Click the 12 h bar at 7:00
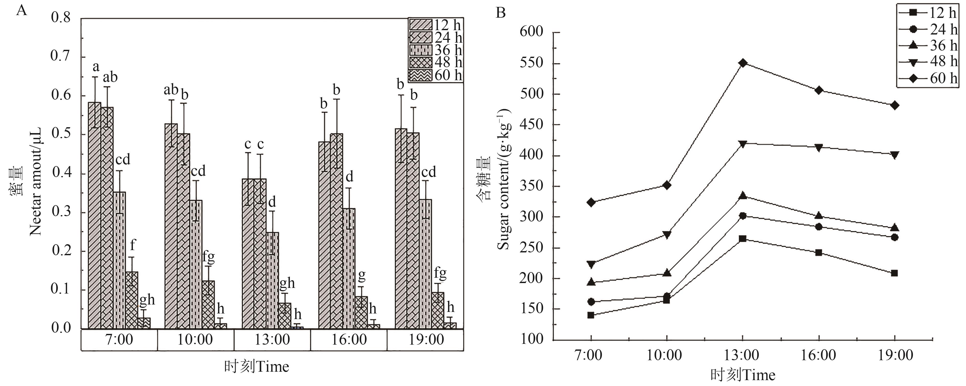95,216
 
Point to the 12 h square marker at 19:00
894,273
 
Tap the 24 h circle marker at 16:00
819,227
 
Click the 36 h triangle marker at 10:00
667,273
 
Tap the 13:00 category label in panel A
272,340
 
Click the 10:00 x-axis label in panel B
664,355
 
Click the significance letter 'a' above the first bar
96,67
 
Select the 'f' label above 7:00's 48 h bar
132,245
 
